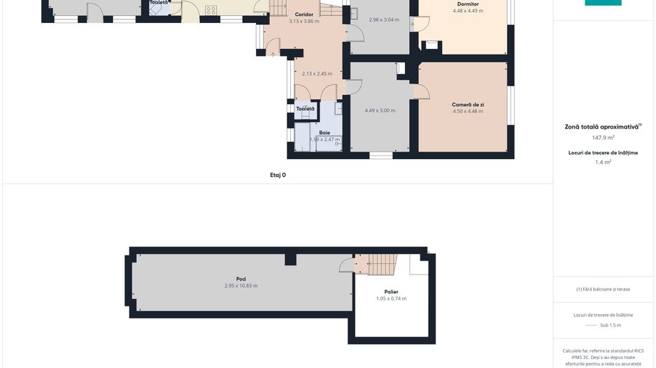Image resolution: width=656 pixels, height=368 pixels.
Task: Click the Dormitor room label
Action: (468, 4)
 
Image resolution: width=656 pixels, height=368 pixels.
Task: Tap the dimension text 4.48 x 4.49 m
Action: (468, 11)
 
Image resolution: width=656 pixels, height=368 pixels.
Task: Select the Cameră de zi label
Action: (468, 104)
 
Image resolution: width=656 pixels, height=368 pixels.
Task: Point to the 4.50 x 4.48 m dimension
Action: (468, 111)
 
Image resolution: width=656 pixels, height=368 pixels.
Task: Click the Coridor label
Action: (304, 14)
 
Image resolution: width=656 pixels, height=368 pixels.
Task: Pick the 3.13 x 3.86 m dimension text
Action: (304, 22)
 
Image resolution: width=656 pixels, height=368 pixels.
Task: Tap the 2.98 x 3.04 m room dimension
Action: (384, 20)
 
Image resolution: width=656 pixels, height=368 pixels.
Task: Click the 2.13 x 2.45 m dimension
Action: (317, 73)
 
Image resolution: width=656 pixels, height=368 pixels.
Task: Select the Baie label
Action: (325, 132)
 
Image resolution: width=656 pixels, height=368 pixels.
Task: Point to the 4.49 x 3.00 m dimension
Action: (380, 110)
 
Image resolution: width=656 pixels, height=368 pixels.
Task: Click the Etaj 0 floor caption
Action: (278, 175)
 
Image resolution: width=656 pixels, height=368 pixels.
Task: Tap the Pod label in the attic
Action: (241, 279)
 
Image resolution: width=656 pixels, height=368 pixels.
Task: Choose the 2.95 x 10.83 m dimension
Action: (241, 286)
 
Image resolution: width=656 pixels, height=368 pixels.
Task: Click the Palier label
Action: (391, 291)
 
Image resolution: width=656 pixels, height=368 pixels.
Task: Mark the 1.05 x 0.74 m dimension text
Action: (391, 298)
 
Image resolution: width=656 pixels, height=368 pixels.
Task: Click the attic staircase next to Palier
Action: (382, 264)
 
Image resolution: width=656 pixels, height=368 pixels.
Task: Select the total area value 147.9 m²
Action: (603, 138)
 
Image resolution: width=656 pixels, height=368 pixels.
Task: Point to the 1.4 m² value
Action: (603, 162)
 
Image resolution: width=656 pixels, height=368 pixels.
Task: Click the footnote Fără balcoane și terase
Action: (603, 289)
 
